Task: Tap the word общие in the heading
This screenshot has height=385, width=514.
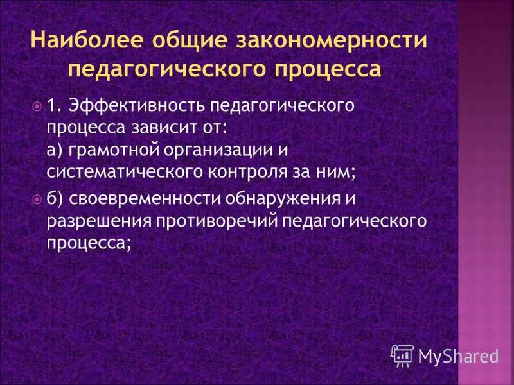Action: click(x=184, y=41)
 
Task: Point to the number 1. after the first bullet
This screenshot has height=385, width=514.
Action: click(x=56, y=105)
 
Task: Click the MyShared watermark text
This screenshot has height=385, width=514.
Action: click(x=458, y=355)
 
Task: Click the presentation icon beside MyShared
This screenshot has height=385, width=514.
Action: click(x=402, y=355)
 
